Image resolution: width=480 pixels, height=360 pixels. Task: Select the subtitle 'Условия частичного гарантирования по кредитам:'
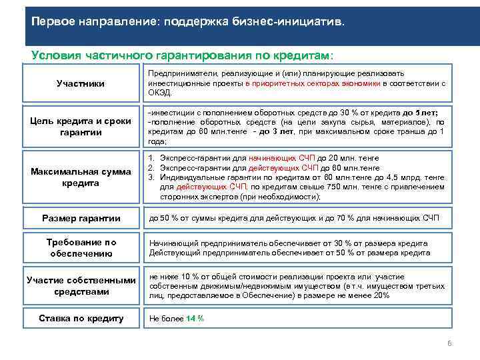coord(182,55)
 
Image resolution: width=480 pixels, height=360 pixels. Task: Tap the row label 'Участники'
coord(80,84)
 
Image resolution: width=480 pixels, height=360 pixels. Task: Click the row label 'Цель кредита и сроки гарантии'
coord(80,126)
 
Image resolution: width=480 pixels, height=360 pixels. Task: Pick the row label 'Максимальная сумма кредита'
coord(80,177)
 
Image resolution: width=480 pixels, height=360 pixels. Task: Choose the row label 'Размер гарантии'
coord(80,218)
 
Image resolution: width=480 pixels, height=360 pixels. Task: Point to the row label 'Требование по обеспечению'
coord(80,248)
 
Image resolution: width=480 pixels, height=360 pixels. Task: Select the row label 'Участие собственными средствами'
coord(80,286)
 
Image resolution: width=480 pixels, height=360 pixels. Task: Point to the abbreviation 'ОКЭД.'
coord(159,93)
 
